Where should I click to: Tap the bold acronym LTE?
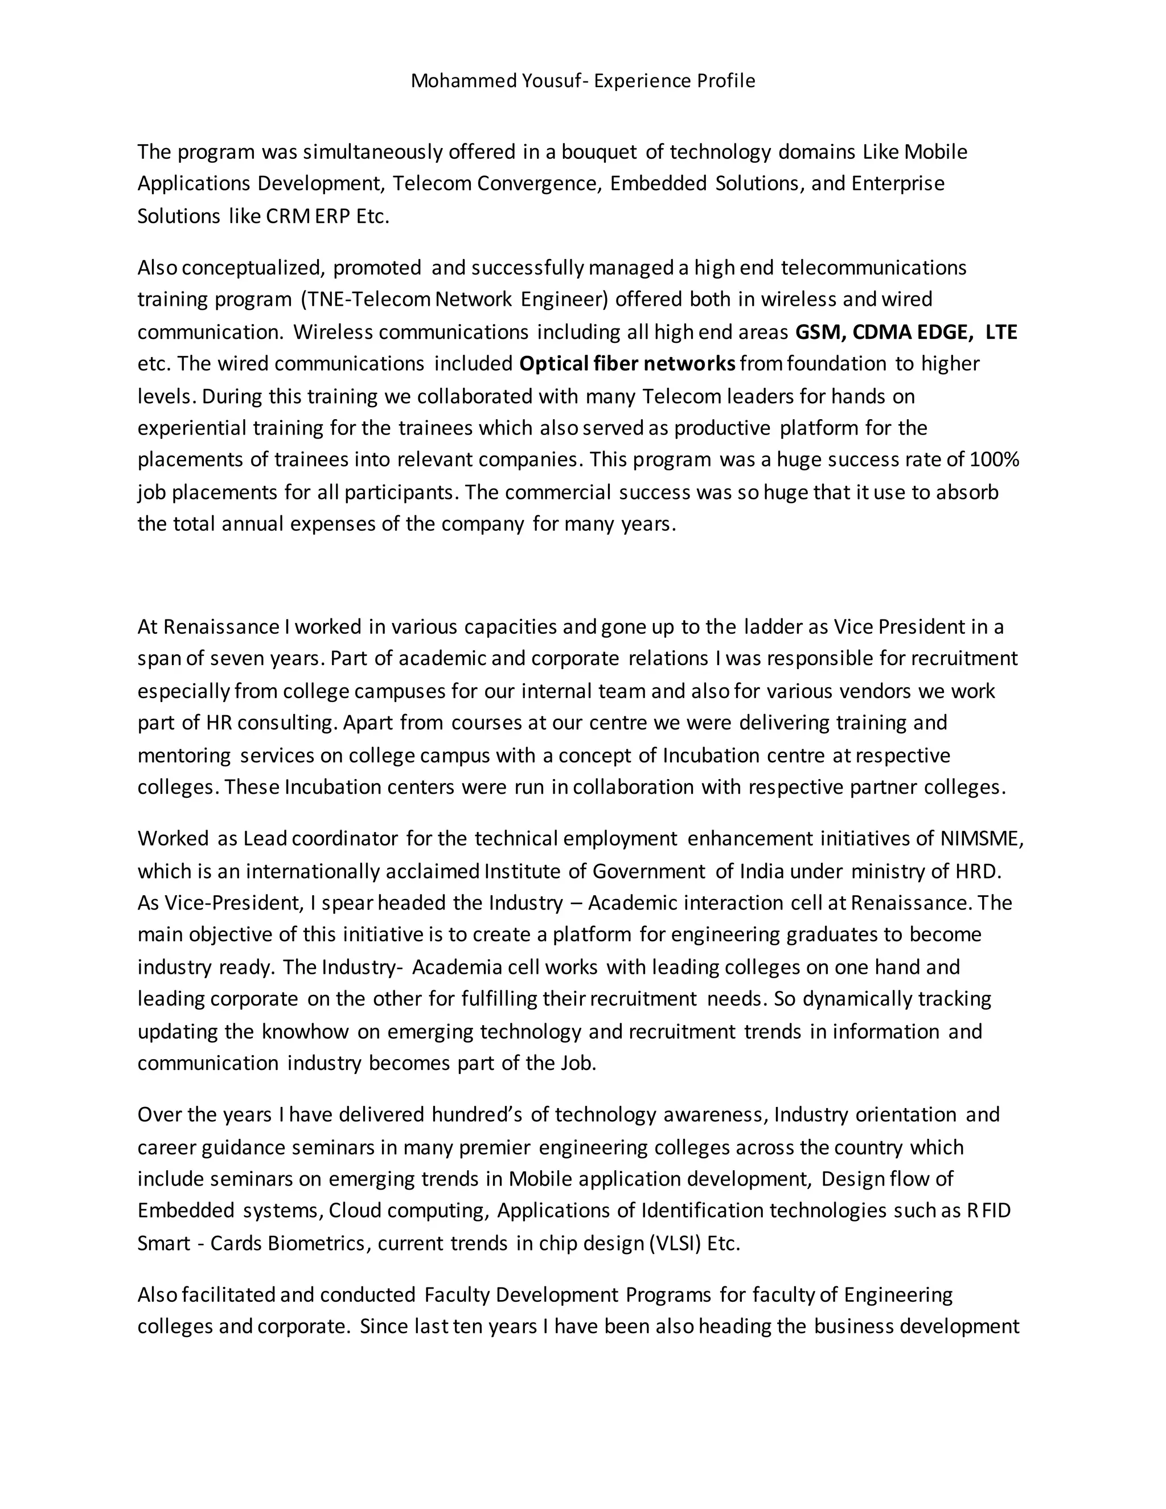pos(1001,333)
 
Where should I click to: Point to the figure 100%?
pos(994,460)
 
